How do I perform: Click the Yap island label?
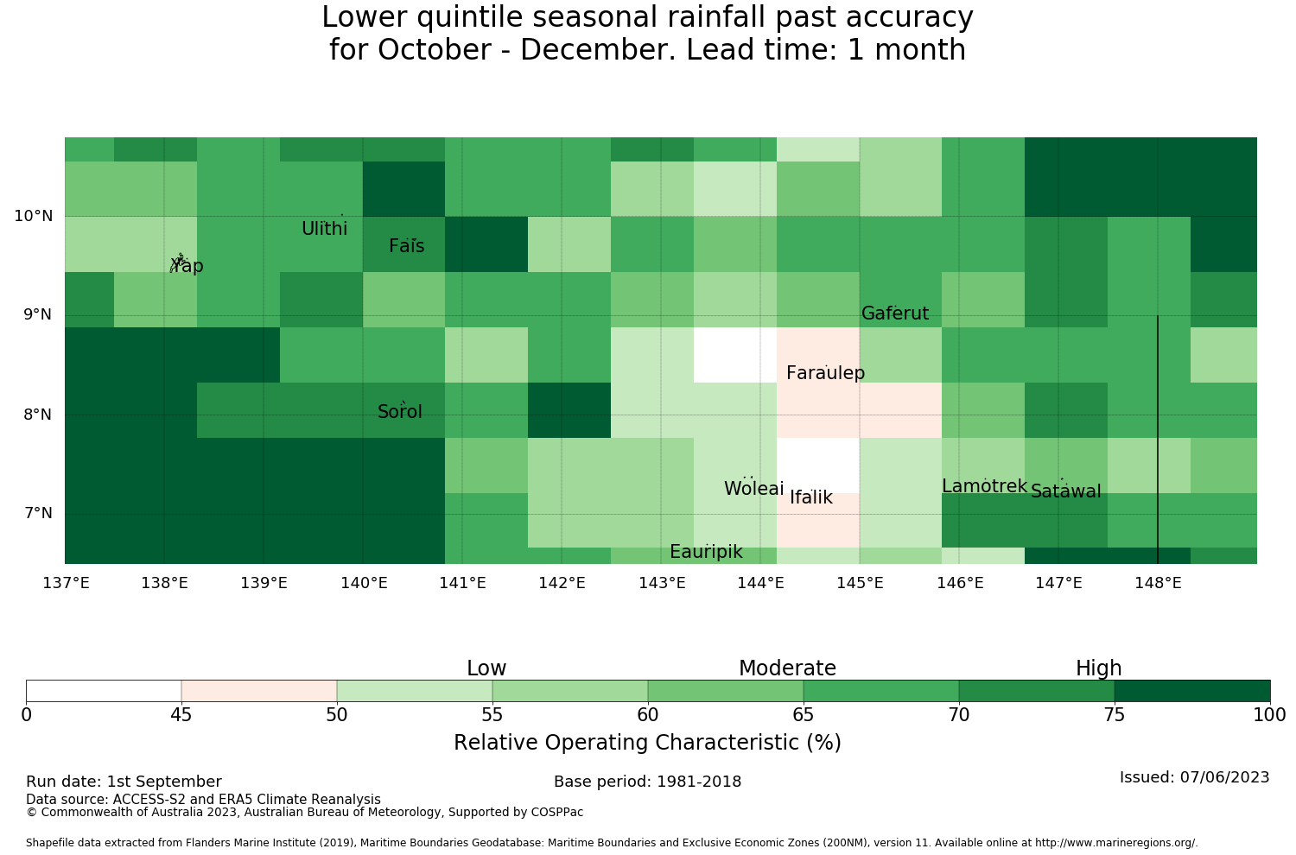point(187,265)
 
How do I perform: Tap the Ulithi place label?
point(325,229)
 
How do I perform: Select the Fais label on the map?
point(407,246)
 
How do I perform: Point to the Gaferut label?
point(895,313)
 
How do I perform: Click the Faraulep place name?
point(826,373)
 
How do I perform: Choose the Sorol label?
point(400,412)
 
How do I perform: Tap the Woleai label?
point(754,488)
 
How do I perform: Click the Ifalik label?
point(811,497)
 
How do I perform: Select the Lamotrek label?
point(985,486)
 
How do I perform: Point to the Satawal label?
point(1065,491)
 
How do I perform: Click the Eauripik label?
point(706,552)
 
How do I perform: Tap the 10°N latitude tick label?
point(34,217)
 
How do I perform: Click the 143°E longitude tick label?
point(662,583)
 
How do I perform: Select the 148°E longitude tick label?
point(1159,583)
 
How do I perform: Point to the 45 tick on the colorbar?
point(181,715)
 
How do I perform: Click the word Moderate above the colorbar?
point(787,668)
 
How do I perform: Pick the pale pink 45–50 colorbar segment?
point(259,691)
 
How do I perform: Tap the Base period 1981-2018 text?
point(647,782)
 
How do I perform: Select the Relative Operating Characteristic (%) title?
point(647,742)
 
